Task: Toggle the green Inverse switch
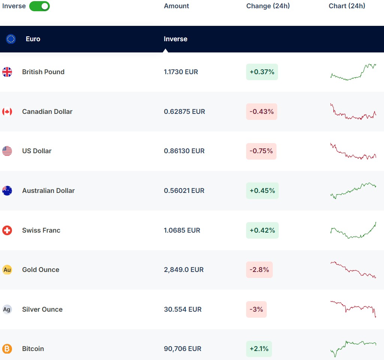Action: (39, 6)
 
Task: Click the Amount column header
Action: (176, 6)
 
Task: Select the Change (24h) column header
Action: (268, 6)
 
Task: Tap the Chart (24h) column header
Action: (347, 6)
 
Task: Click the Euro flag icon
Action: (11, 39)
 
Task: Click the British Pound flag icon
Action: (7, 72)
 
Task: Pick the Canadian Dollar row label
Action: (47, 112)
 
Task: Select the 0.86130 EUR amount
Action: (184, 151)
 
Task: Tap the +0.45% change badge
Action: (262, 191)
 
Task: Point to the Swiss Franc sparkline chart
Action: (353, 230)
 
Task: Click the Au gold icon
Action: (7, 270)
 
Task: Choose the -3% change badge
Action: (256, 309)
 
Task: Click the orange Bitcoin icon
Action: (7, 349)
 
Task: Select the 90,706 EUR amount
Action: (182, 349)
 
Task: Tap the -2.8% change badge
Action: (259, 270)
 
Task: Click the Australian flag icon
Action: (7, 191)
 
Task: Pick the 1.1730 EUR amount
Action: (181, 72)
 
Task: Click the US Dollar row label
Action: (37, 151)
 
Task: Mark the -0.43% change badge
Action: (261, 112)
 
